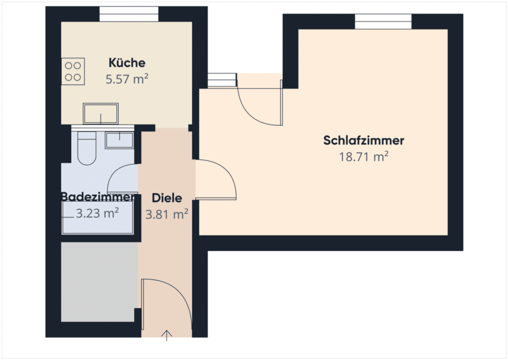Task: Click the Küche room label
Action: [127, 63]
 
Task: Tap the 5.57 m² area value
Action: [127, 79]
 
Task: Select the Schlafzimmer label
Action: [364, 140]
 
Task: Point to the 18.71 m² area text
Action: [364, 157]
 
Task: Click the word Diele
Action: [167, 198]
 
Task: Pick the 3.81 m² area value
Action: [167, 214]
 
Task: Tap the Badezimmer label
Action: [98, 197]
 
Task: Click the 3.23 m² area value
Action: [97, 213]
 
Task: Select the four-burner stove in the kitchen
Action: [73, 71]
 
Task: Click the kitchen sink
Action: [101, 114]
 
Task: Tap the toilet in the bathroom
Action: [87, 148]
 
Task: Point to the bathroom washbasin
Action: [119, 140]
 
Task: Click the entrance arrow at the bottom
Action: [166, 336]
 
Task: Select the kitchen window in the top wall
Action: [129, 14]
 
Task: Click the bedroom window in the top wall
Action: [383, 21]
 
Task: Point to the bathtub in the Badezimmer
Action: [98, 217]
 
